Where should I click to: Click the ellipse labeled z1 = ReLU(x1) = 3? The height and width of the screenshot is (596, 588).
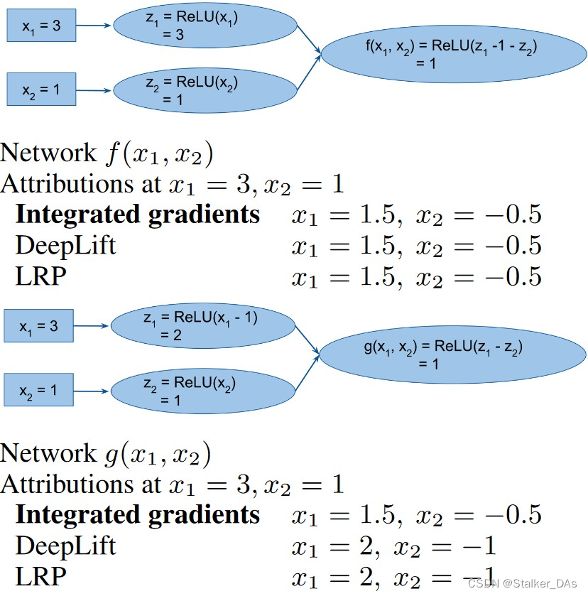[205, 27]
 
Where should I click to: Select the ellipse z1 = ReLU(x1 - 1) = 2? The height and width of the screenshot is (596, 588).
[202, 326]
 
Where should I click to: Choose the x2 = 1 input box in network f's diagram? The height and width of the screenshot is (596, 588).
[40, 91]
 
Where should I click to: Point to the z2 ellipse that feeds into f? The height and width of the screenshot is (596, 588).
[205, 90]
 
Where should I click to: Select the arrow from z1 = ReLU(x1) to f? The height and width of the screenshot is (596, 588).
[309, 40]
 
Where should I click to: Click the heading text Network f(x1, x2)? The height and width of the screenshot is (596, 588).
[107, 153]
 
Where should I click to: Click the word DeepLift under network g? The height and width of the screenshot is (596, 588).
[65, 546]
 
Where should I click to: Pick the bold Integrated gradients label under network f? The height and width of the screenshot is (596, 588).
[138, 215]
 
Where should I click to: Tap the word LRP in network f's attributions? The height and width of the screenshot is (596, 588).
[40, 276]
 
